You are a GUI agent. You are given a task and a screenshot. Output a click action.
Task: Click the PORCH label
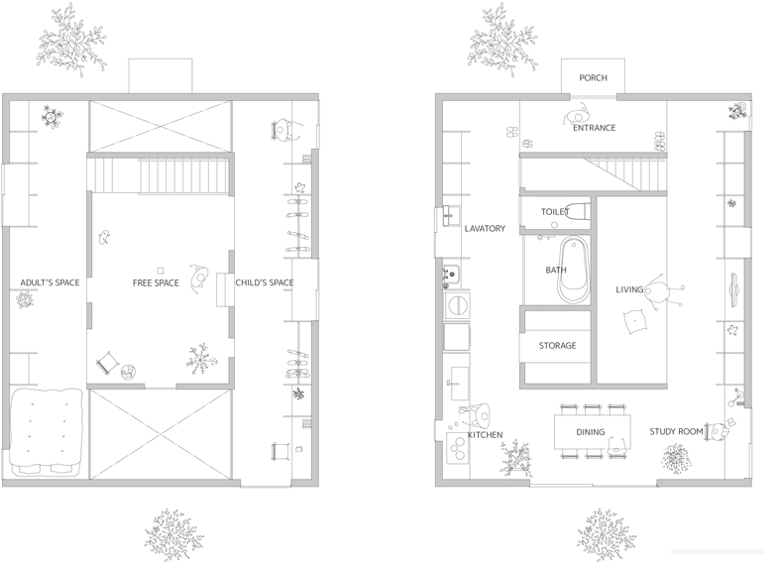593,77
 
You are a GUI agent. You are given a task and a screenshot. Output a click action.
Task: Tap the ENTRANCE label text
595,128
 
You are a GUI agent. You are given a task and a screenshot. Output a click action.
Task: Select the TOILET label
555,212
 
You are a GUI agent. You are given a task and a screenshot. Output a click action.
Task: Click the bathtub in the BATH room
575,270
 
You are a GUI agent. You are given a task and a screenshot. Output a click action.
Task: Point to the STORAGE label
557,345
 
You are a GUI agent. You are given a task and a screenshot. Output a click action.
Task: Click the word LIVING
629,289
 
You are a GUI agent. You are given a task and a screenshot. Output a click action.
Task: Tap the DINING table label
591,432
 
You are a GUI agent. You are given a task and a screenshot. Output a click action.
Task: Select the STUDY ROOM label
676,432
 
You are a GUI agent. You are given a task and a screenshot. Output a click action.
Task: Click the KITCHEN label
486,434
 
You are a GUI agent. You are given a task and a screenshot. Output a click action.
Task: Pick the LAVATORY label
485,228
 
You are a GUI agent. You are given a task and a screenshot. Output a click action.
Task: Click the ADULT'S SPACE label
50,282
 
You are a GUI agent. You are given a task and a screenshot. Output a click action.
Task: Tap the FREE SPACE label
156,283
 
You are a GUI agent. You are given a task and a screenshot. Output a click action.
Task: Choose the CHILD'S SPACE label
264,282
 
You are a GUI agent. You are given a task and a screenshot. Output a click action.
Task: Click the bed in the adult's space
46,432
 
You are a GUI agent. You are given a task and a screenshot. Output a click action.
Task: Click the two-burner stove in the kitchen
458,448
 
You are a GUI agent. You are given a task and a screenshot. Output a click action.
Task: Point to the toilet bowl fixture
578,212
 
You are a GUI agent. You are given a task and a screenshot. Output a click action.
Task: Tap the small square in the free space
161,270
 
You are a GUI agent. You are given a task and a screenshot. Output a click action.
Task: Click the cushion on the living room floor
635,321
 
